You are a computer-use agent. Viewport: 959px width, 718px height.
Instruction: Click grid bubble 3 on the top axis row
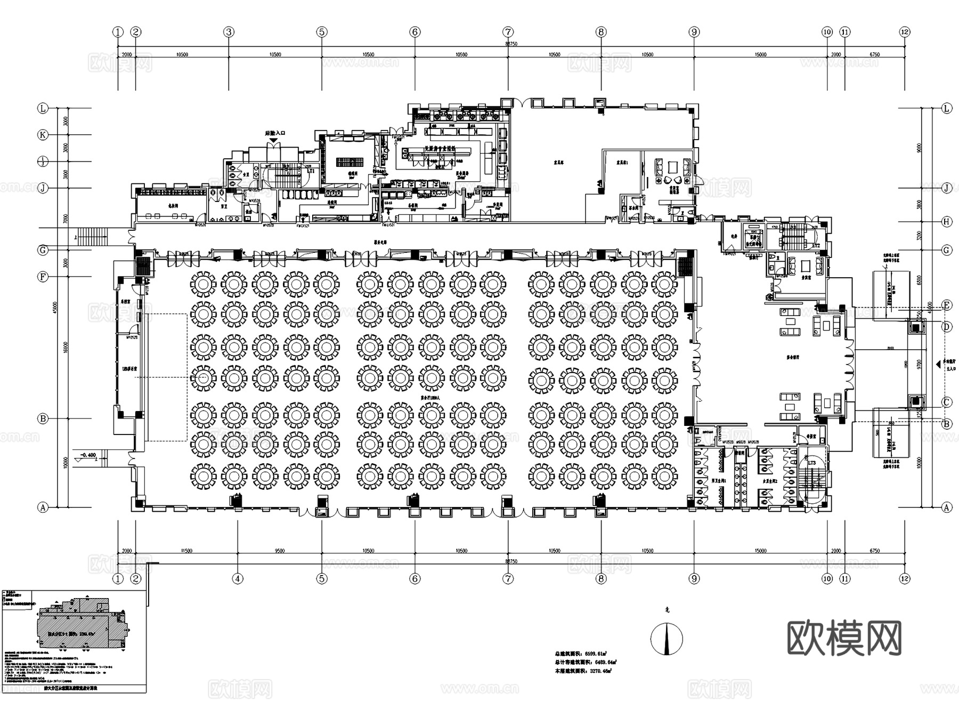click(x=229, y=32)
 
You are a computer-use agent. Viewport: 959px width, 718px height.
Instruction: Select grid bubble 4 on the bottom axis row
click(x=238, y=578)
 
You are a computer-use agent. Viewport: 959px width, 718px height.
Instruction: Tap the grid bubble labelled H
click(x=947, y=222)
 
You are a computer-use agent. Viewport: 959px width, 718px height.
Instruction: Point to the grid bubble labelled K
click(x=43, y=135)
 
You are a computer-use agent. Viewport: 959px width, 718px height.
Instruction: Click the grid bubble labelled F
click(x=43, y=277)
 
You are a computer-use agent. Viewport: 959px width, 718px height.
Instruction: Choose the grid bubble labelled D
click(x=947, y=326)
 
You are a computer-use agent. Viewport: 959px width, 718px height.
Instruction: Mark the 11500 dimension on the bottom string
click(x=186, y=551)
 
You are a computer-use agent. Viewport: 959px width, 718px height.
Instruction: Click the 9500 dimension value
click(x=279, y=551)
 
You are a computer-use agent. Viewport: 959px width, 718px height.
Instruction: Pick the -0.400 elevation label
click(x=88, y=455)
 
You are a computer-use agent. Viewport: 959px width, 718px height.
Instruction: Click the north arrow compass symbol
click(x=667, y=638)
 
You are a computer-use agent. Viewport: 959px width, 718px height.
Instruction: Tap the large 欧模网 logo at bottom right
click(x=844, y=638)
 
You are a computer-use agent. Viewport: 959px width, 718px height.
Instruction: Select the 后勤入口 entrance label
click(x=275, y=133)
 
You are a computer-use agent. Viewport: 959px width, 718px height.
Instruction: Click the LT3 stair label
click(x=811, y=463)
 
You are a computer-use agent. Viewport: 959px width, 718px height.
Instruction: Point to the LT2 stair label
click(x=816, y=246)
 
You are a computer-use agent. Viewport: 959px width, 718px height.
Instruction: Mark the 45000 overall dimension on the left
click(x=54, y=308)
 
